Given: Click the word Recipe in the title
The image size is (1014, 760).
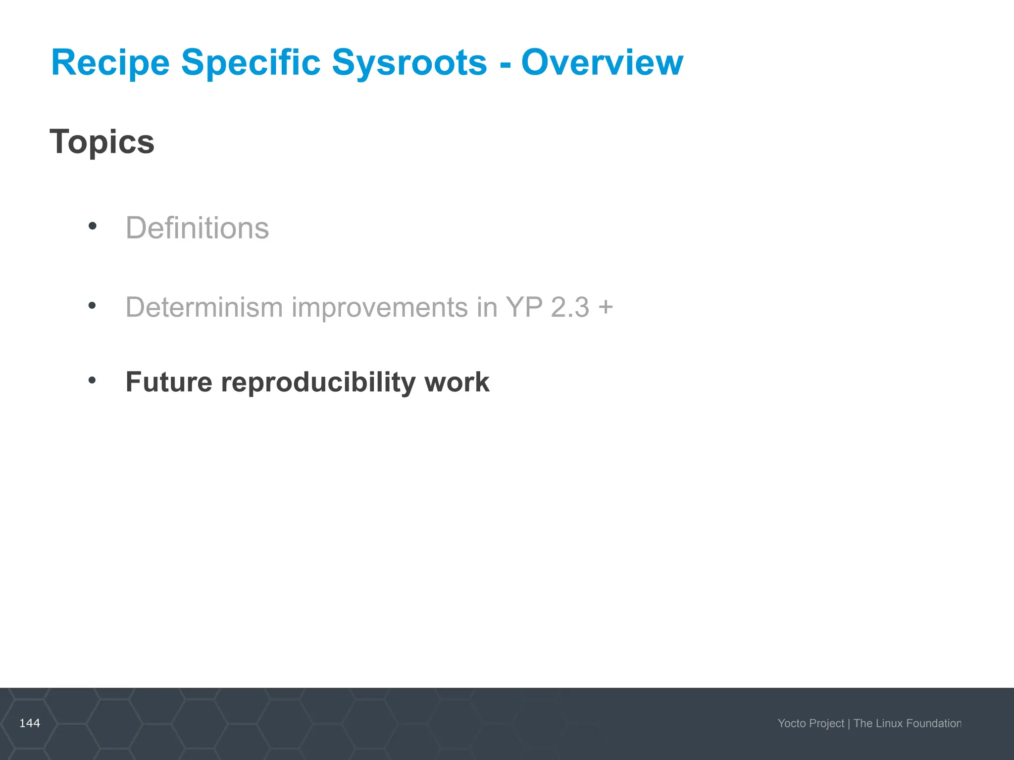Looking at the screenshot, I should tap(110, 63).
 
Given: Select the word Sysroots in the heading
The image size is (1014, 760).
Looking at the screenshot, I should tap(409, 63).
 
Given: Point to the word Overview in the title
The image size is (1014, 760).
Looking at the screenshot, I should tap(602, 63).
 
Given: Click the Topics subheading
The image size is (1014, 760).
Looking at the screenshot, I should tap(102, 142).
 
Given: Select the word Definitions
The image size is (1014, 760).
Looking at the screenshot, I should tap(197, 228).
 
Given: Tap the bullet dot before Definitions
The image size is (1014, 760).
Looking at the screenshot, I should tap(92, 227).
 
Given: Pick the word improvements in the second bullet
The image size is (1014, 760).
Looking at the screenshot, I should tap(379, 307).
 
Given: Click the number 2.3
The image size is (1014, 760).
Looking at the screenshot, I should tap(570, 307).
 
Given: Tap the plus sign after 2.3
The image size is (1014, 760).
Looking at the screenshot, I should tap(606, 307).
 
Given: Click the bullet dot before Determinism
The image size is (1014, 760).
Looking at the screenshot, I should tap(92, 306).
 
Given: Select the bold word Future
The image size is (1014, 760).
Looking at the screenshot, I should tap(169, 382).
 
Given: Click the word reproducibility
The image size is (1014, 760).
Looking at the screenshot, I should tap(318, 382).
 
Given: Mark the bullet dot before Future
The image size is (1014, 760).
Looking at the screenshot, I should tap(92, 380).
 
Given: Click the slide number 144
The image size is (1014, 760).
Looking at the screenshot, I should tap(30, 723).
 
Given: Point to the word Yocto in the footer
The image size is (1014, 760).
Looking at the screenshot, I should tap(792, 723).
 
